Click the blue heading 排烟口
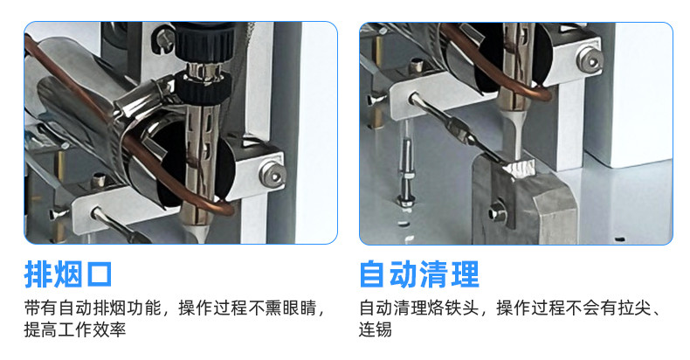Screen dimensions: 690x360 click(68, 274)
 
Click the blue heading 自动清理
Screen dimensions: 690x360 click(419, 274)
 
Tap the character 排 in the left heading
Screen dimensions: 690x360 click(38, 274)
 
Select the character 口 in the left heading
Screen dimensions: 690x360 click(99, 275)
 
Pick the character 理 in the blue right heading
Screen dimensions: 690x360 click(465, 274)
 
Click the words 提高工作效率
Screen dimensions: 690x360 click(75, 329)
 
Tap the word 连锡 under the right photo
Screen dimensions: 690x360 click(375, 329)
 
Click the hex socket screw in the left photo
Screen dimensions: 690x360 click(272, 173)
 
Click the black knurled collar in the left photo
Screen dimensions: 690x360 click(203, 87)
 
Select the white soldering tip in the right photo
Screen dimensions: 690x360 click(515, 135)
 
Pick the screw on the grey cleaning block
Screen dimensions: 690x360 click(498, 213)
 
